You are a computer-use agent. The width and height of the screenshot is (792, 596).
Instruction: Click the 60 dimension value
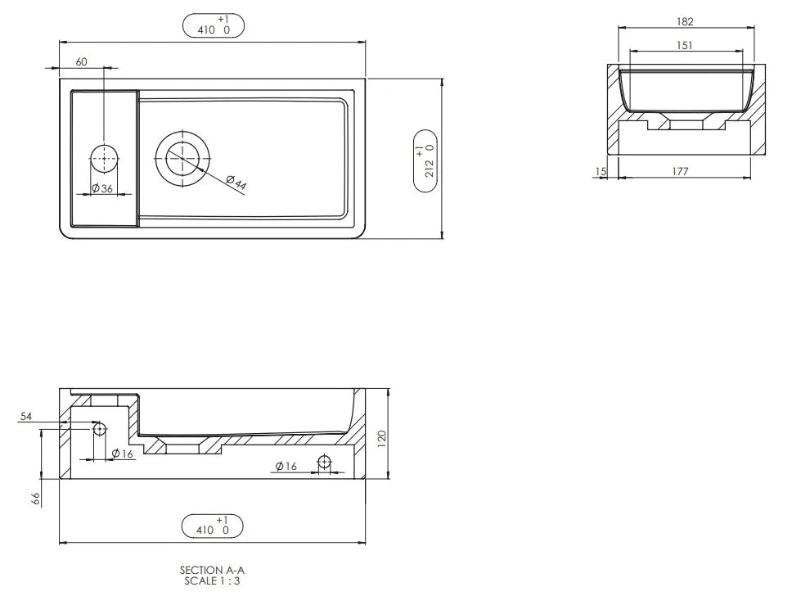(82, 61)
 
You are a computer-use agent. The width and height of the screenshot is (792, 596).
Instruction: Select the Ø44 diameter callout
(236, 183)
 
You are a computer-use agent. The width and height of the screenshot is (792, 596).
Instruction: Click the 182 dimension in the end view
(686, 22)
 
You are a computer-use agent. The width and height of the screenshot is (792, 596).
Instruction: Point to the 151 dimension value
(685, 45)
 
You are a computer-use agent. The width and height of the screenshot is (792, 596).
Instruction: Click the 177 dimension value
(680, 171)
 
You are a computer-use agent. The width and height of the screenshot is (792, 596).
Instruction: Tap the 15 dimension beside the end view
(601, 171)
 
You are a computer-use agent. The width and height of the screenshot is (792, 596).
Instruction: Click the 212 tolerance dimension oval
(425, 160)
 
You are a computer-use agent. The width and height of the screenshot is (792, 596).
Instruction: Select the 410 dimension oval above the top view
(213, 26)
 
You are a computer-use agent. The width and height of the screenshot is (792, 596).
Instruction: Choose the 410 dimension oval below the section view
(212, 526)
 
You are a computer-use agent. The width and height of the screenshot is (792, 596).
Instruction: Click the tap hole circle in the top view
(104, 158)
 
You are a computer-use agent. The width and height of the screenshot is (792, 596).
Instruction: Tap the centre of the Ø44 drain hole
(182, 157)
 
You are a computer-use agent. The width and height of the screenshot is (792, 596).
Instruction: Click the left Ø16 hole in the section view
(99, 428)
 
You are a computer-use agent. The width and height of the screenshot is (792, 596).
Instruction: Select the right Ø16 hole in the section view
(325, 463)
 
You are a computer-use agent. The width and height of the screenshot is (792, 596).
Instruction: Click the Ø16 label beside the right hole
(286, 466)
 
